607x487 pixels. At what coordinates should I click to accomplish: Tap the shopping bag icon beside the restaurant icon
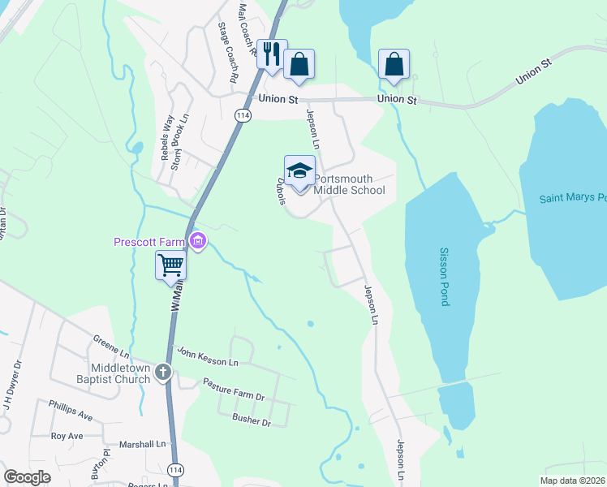point(299,63)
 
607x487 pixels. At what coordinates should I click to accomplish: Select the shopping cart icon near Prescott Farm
point(170,265)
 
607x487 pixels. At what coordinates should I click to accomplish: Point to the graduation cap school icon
point(299,170)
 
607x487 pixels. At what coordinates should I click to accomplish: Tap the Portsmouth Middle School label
point(349,184)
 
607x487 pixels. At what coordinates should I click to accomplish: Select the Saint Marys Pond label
point(574,198)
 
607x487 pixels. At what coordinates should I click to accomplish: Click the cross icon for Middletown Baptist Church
point(163,373)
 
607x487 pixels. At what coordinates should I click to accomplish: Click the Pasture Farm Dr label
point(234,390)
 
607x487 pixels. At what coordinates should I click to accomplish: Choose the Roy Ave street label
point(67,436)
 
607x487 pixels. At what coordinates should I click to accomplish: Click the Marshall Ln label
point(142,444)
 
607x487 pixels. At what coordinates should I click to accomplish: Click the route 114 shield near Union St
point(242,116)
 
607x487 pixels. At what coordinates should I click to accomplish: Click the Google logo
point(28,477)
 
